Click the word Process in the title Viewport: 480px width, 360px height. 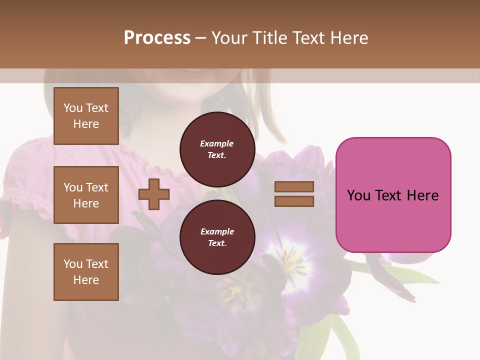[x=157, y=38]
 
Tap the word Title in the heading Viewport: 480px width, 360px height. [x=269, y=38]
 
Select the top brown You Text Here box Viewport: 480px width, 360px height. [x=86, y=116]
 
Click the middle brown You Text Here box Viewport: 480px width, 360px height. [x=86, y=195]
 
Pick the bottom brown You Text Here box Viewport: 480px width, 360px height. [x=86, y=272]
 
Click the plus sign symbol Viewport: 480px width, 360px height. [x=154, y=194]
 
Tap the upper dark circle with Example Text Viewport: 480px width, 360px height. [x=217, y=149]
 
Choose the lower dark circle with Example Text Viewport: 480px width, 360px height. [x=217, y=237]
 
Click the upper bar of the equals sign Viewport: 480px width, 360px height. [x=294, y=186]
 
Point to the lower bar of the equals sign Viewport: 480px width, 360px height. [x=294, y=201]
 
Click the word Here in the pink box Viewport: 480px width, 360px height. [x=423, y=195]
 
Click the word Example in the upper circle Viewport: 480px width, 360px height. [x=217, y=143]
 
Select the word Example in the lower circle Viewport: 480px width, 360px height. [x=217, y=231]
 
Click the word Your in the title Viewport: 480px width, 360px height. [x=228, y=38]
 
